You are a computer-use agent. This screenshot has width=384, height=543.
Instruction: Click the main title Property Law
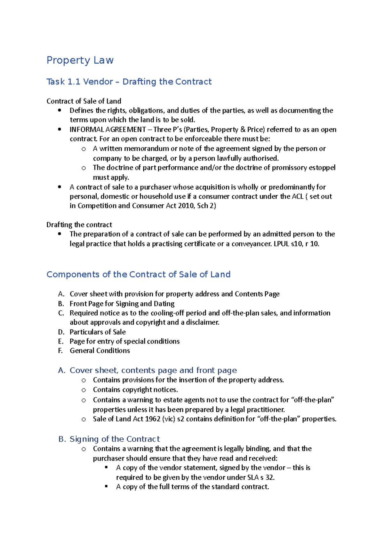point(80,60)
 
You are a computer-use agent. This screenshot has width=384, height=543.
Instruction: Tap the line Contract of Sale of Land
point(84,101)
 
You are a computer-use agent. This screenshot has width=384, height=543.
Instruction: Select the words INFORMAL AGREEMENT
point(108,130)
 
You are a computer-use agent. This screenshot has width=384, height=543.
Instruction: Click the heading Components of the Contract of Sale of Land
point(138,274)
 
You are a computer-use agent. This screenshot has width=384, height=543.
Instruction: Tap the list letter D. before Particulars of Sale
point(61,332)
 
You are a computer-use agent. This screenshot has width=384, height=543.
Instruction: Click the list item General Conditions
point(100,350)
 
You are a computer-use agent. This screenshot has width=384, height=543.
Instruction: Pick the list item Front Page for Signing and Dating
point(122,303)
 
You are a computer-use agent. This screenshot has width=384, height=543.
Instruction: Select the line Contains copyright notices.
point(135,390)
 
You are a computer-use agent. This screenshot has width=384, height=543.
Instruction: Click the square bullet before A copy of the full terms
point(106,486)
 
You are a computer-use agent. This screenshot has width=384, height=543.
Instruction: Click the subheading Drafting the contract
point(79,224)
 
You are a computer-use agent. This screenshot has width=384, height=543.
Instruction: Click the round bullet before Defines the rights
point(60,110)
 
